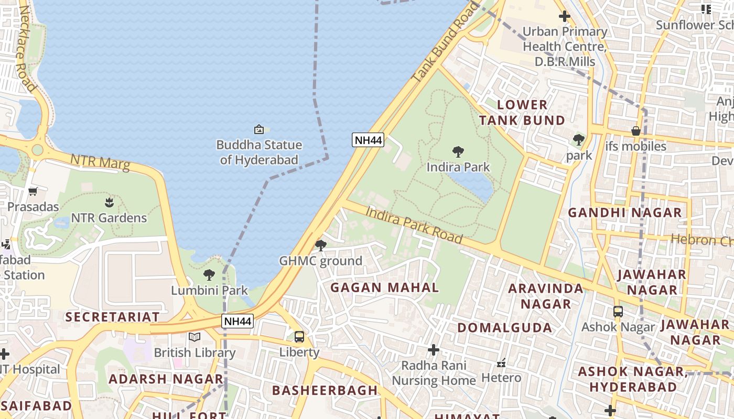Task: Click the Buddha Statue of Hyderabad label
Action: coord(259,152)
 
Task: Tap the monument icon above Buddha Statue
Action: coord(258,129)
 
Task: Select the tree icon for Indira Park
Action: coord(458,152)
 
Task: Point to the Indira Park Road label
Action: coord(414,225)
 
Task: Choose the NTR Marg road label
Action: coord(100,162)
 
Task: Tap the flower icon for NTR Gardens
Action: coord(109,202)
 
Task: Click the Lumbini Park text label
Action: coord(209,290)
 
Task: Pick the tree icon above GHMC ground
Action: coord(321,245)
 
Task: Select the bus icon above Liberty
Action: coord(299,337)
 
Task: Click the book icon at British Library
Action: coord(195,337)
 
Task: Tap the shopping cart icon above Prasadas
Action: coord(33,191)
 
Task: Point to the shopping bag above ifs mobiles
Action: coord(636,130)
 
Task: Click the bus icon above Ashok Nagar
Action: coord(618,312)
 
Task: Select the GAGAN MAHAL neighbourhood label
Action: coord(384,287)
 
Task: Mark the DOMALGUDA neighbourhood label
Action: coord(504,328)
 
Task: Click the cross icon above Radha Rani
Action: coord(434,349)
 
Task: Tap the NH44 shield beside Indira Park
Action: coord(368,140)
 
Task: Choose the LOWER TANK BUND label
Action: coord(522,112)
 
